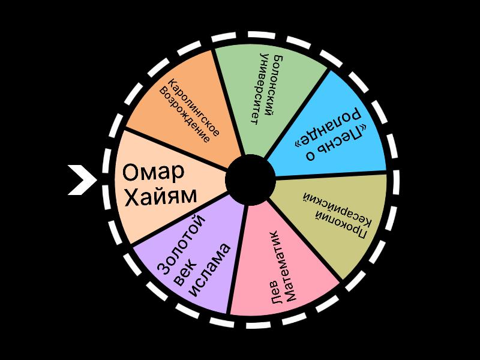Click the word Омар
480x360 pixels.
[154, 173]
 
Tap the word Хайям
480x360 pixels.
[160, 196]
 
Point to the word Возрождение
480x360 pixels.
[184, 115]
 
